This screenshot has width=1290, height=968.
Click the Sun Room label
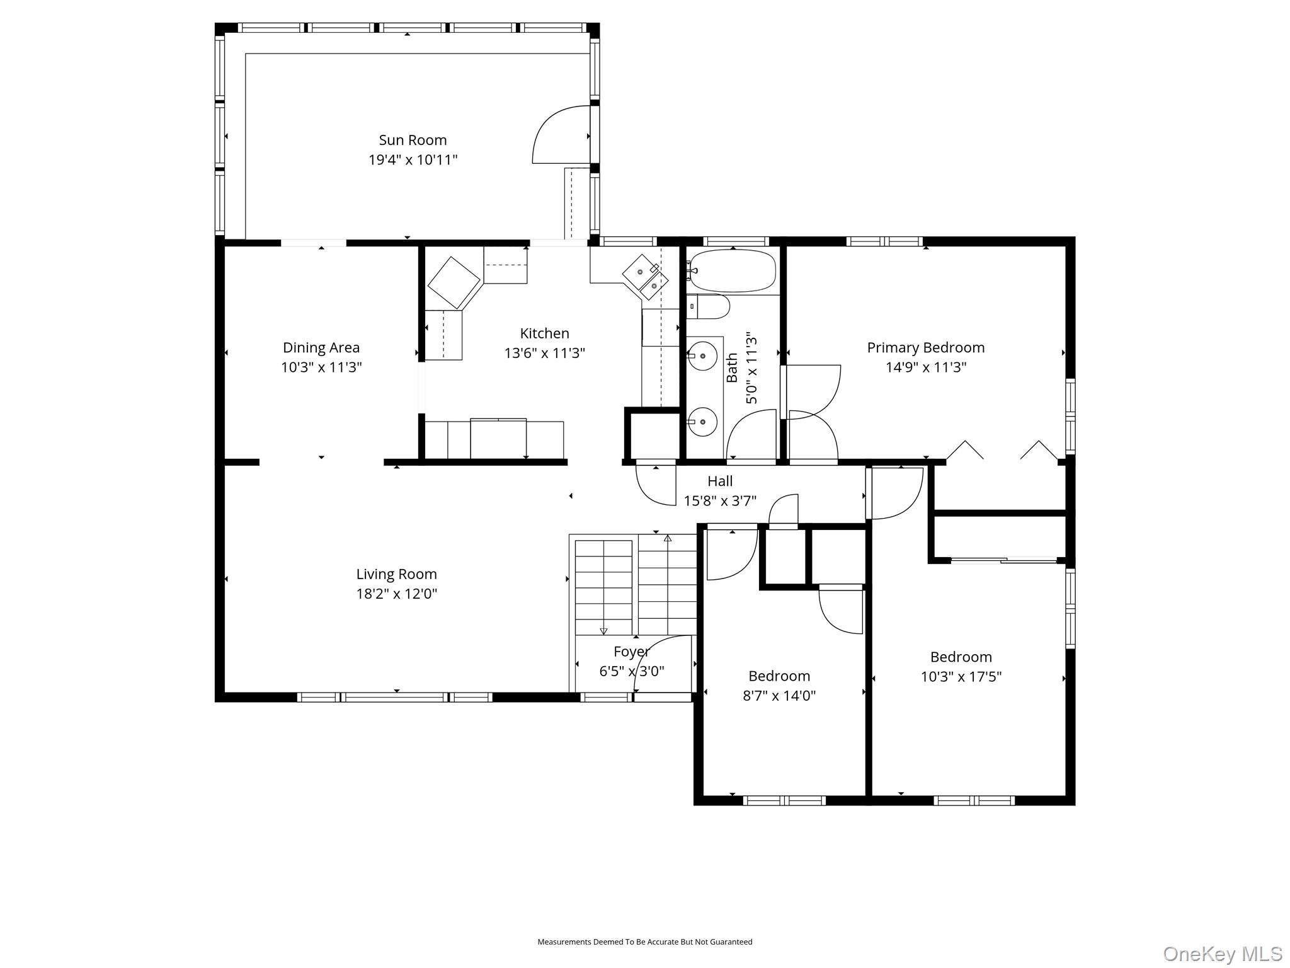click(x=413, y=140)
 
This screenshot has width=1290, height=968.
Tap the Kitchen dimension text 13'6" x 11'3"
click(x=544, y=353)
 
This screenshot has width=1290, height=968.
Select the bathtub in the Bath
click(x=733, y=270)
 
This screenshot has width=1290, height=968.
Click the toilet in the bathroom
click(x=709, y=307)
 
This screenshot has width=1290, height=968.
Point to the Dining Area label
click(x=321, y=347)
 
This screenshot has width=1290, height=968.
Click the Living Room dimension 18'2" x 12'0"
click(x=396, y=594)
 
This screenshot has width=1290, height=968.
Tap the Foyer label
click(x=631, y=652)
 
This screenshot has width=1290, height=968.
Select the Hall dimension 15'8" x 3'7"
click(x=720, y=501)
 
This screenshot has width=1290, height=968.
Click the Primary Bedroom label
click(x=925, y=347)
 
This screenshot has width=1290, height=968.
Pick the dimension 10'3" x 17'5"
click(x=961, y=677)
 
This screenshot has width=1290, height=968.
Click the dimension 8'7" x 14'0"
click(x=779, y=696)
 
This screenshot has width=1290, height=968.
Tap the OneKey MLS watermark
click(x=1222, y=954)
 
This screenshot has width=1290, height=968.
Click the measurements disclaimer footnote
click(x=644, y=942)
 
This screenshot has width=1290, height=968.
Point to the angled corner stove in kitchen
click(x=454, y=282)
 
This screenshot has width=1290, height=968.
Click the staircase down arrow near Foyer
click(x=603, y=630)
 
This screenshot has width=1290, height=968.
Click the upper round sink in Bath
click(x=702, y=356)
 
